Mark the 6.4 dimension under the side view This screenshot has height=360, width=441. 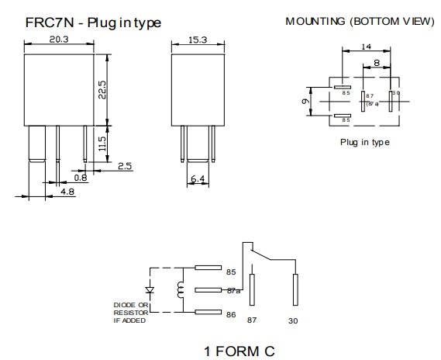click(198, 179)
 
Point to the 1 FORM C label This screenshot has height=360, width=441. click(239, 350)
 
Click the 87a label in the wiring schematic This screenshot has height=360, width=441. click(235, 291)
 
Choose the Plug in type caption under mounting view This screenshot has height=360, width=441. click(364, 143)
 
